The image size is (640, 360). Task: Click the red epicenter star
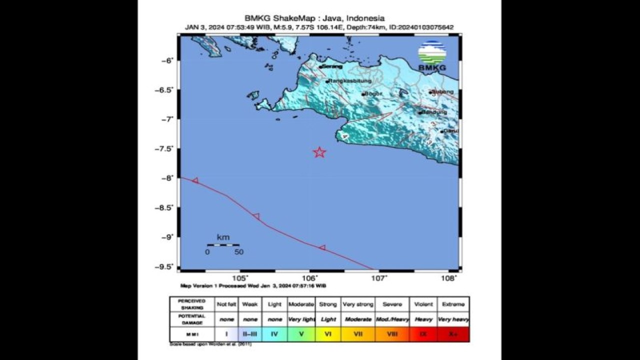(x=319, y=152)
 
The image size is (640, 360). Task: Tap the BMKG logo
(x=432, y=55)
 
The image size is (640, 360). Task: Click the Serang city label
(x=332, y=66)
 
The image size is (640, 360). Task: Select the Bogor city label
(x=373, y=93)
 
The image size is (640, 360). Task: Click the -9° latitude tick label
(x=166, y=237)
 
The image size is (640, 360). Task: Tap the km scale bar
(x=223, y=245)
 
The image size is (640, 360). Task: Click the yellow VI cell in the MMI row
(x=328, y=333)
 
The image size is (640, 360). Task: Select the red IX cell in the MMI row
(x=423, y=333)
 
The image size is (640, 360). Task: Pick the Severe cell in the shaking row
(x=392, y=304)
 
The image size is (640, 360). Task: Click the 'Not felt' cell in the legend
(x=226, y=304)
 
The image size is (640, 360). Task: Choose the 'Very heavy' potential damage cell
(x=453, y=319)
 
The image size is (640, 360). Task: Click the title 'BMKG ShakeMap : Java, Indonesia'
(x=314, y=18)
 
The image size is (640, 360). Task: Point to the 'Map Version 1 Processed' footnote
(x=253, y=286)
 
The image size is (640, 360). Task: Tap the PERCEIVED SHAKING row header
(x=192, y=304)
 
